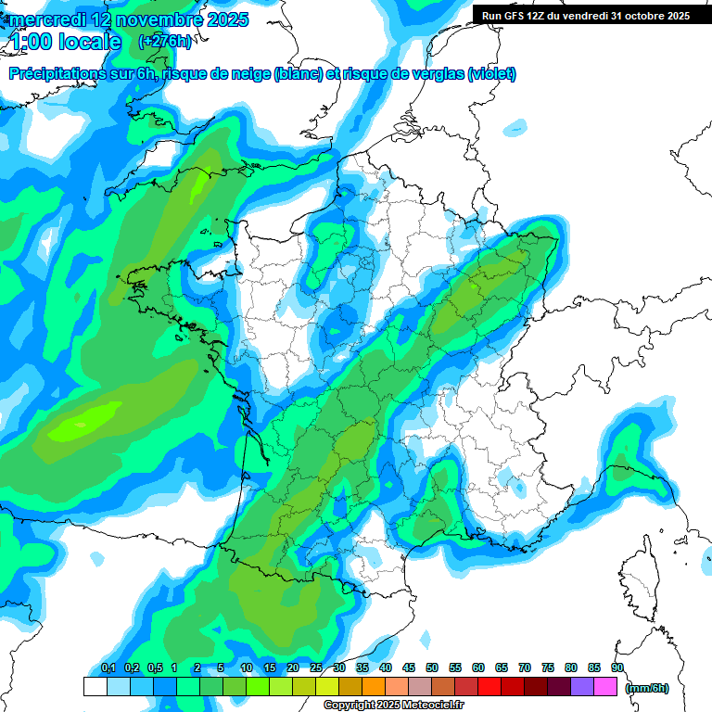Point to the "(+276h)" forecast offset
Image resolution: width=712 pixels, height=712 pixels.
click(x=164, y=42)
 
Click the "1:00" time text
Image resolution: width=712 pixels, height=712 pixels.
click(x=33, y=43)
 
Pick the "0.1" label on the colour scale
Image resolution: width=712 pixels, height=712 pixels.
click(x=108, y=668)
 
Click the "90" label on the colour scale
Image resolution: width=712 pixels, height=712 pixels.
click(x=617, y=668)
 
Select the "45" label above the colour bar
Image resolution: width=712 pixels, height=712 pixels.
click(x=409, y=668)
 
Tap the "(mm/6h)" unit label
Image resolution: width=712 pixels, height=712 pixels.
click(x=647, y=687)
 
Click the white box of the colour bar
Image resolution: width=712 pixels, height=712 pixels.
click(x=95, y=686)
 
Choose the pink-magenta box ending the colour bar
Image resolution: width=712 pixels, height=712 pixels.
click(x=605, y=686)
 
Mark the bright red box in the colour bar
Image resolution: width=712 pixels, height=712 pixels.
click(x=489, y=686)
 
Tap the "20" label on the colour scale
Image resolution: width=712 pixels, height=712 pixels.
click(x=293, y=668)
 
